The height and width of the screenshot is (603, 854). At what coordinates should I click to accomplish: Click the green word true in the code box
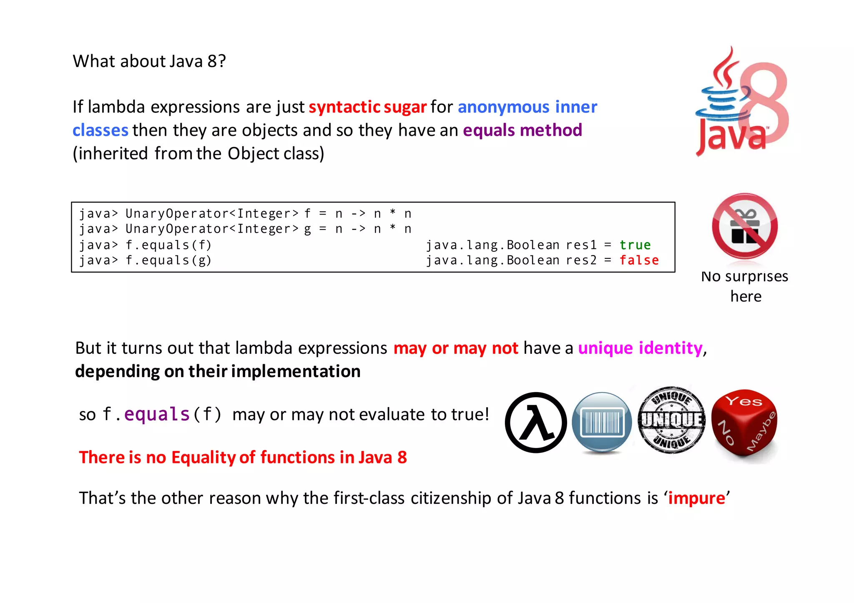(x=635, y=245)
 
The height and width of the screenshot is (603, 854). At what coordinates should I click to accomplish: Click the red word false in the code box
(x=639, y=260)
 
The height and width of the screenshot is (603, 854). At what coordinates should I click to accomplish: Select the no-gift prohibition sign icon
(x=745, y=226)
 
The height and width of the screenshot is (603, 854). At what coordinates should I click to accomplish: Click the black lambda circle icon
(x=536, y=423)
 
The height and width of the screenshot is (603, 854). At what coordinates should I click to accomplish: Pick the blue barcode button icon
(x=602, y=423)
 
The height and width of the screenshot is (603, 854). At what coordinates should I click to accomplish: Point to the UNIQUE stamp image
(x=671, y=420)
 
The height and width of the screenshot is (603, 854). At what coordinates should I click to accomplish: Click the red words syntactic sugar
(x=367, y=107)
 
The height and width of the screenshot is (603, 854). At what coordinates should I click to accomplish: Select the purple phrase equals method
(x=522, y=130)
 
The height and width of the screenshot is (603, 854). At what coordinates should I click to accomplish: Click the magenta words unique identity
(x=640, y=348)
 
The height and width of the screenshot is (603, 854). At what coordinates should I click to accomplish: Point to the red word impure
(x=696, y=498)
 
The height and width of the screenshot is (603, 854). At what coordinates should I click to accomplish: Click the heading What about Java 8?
(x=149, y=61)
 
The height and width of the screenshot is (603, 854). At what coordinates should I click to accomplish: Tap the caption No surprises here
(x=745, y=286)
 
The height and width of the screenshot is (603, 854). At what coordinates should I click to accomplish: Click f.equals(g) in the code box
(x=168, y=260)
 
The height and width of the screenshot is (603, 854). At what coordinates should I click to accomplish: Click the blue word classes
(x=100, y=130)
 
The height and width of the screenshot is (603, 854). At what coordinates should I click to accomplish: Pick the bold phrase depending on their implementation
(x=218, y=371)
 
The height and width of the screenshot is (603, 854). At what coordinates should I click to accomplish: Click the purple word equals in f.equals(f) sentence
(x=157, y=414)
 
